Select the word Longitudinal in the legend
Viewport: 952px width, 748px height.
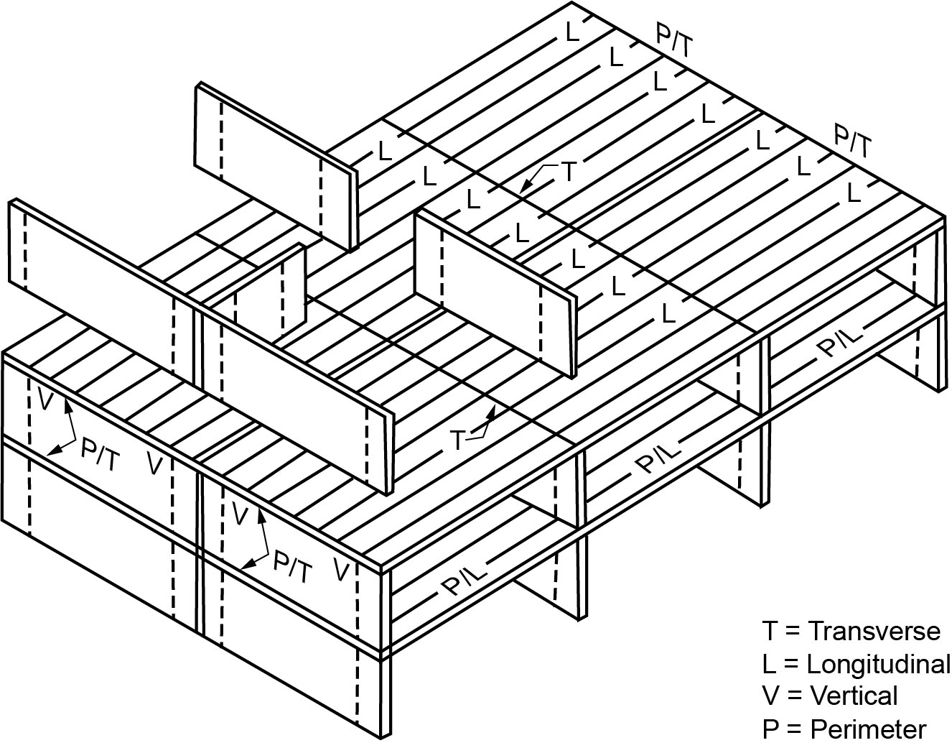click(878, 663)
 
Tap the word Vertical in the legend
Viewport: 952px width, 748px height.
click(854, 696)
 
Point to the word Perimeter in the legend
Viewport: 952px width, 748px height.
click(868, 729)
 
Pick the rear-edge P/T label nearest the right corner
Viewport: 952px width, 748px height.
click(852, 141)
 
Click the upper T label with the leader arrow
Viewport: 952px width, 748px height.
click(568, 171)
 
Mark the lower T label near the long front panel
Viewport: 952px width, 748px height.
click(459, 439)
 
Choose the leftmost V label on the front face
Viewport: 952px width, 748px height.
click(45, 400)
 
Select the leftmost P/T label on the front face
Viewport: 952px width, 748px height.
click(100, 455)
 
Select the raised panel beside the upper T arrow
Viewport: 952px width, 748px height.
click(495, 287)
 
